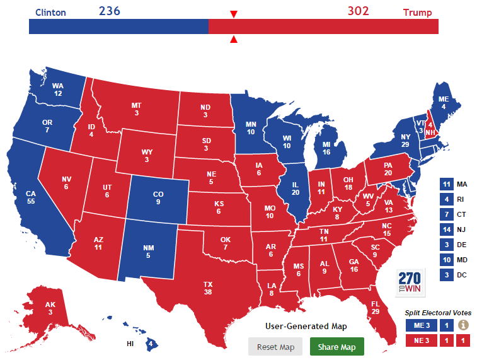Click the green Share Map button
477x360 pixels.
coord(336,347)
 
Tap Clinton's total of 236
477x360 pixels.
coord(109,11)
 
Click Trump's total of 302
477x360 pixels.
coord(358,11)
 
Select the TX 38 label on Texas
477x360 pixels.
coord(207,288)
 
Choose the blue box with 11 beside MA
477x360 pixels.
coord(446,184)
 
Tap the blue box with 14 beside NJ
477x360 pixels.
coord(446,229)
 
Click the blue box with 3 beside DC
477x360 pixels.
coord(446,275)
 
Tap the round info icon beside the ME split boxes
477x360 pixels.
coord(463,325)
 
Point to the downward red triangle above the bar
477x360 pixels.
coord(234,15)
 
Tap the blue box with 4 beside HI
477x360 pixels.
coord(151,344)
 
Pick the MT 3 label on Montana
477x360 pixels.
coord(135,108)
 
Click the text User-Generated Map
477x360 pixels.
coord(306,326)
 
